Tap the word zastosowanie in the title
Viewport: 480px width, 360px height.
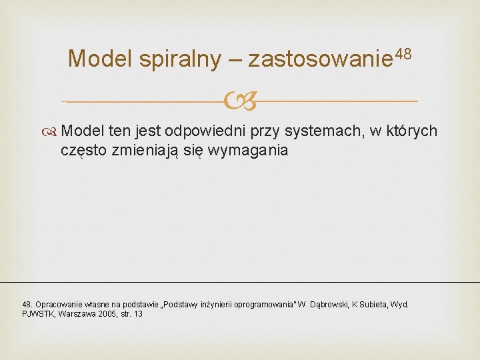[321, 59]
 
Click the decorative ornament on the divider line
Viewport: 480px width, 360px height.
[239, 102]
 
